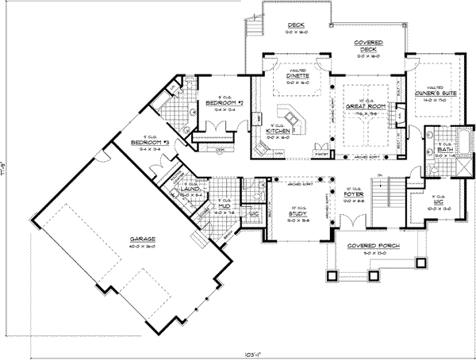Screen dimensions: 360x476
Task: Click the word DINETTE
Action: point(296,75)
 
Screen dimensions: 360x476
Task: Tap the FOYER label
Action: point(353,196)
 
